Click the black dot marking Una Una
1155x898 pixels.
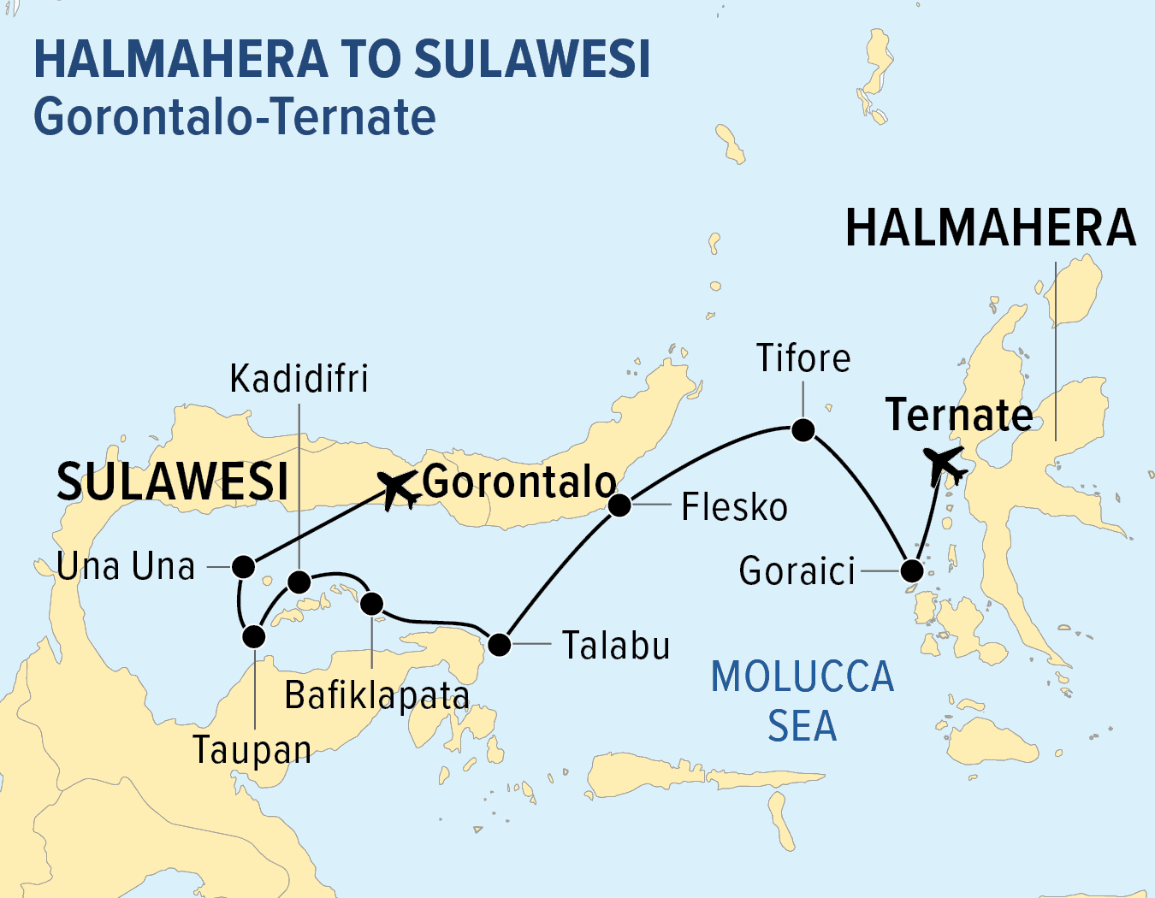click(244, 566)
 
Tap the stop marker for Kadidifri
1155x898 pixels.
click(299, 582)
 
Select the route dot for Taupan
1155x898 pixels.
click(254, 636)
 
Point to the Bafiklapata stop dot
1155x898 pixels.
click(371, 604)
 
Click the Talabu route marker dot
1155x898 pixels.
click(499, 644)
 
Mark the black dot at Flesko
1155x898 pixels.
click(619, 505)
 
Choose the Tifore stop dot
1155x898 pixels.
click(803, 429)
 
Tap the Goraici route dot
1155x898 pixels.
click(912, 570)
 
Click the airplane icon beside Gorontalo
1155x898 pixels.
click(398, 489)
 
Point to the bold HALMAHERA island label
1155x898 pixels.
click(991, 228)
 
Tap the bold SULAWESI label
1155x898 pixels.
click(172, 481)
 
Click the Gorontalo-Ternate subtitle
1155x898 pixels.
click(234, 116)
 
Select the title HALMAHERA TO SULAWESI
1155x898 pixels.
click(342, 59)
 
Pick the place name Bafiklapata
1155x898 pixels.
click(376, 695)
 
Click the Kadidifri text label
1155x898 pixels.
click(299, 379)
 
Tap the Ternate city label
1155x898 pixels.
click(959, 415)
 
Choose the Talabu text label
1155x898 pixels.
click(616, 646)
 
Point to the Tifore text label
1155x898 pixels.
click(803, 358)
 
